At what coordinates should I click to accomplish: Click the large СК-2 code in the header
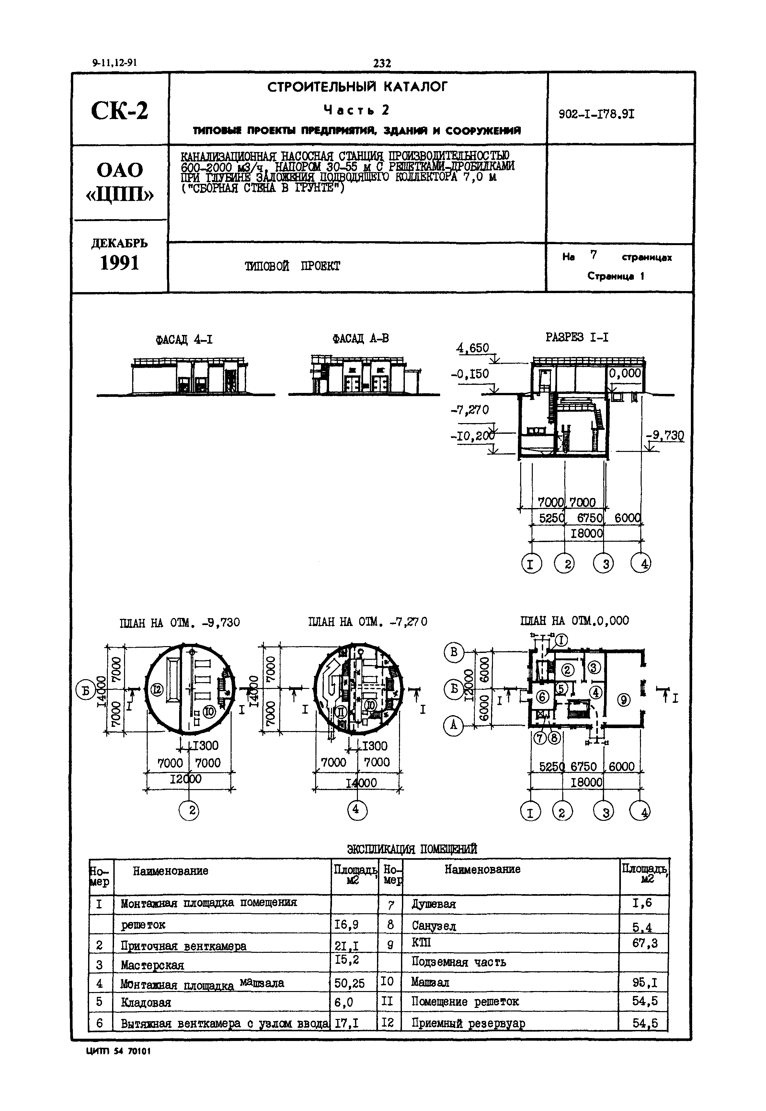click(x=120, y=111)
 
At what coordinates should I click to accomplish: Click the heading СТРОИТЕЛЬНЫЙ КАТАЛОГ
click(x=358, y=87)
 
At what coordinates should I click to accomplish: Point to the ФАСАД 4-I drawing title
click(x=184, y=340)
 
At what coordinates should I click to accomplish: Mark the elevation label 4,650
click(x=473, y=348)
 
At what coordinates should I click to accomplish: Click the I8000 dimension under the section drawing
click(x=587, y=533)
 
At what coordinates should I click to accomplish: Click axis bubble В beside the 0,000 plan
click(x=453, y=653)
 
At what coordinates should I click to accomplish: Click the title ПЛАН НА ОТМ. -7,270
click(x=367, y=622)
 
